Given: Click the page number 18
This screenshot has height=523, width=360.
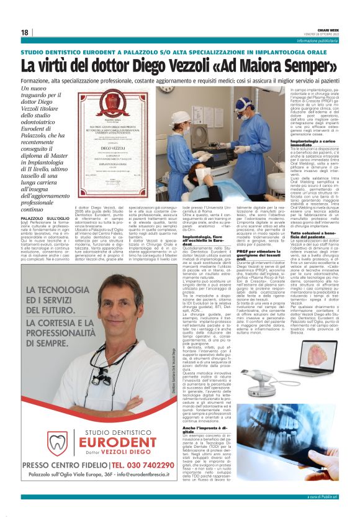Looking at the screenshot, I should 24,32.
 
